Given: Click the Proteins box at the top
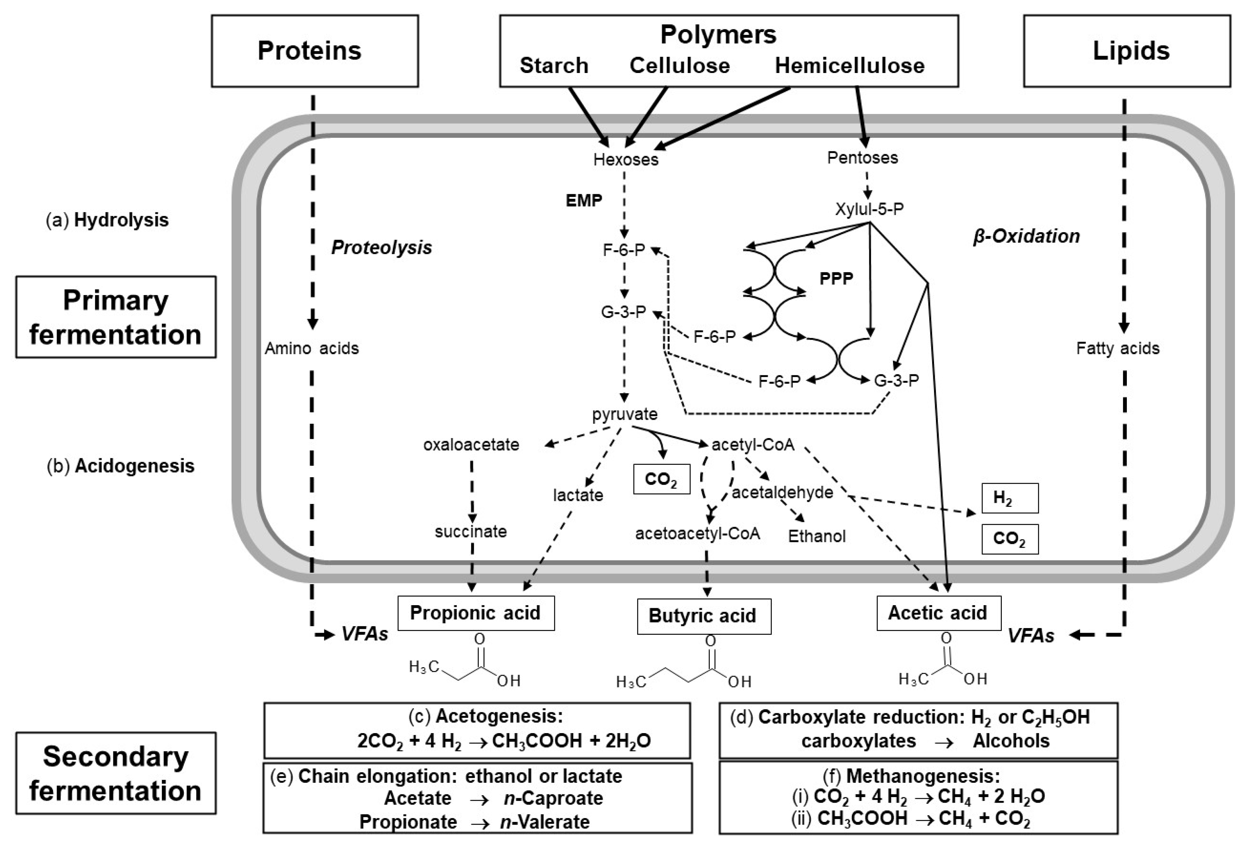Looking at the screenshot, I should (x=314, y=51).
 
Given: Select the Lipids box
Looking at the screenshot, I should (x=1127, y=51).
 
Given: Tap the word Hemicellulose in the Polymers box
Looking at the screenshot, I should (x=849, y=66).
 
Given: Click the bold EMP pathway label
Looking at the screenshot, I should (x=584, y=201).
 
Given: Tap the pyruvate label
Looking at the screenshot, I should (x=624, y=414).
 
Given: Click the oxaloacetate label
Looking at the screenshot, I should (x=471, y=444).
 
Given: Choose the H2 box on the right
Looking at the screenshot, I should (x=1010, y=498).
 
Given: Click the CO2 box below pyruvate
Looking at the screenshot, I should (x=661, y=479).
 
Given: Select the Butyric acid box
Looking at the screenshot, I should (x=703, y=616).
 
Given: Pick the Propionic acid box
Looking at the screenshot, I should (x=475, y=613).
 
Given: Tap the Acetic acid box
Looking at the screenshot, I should (x=938, y=613).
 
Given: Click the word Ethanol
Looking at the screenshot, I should (x=817, y=536).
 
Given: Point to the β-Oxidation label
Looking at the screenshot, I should (x=1026, y=236).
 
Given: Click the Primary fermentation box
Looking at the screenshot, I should (x=116, y=317).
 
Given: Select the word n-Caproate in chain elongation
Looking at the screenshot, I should (x=554, y=798).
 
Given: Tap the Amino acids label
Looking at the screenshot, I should (x=311, y=348).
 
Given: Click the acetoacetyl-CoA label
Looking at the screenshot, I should (x=698, y=534).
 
